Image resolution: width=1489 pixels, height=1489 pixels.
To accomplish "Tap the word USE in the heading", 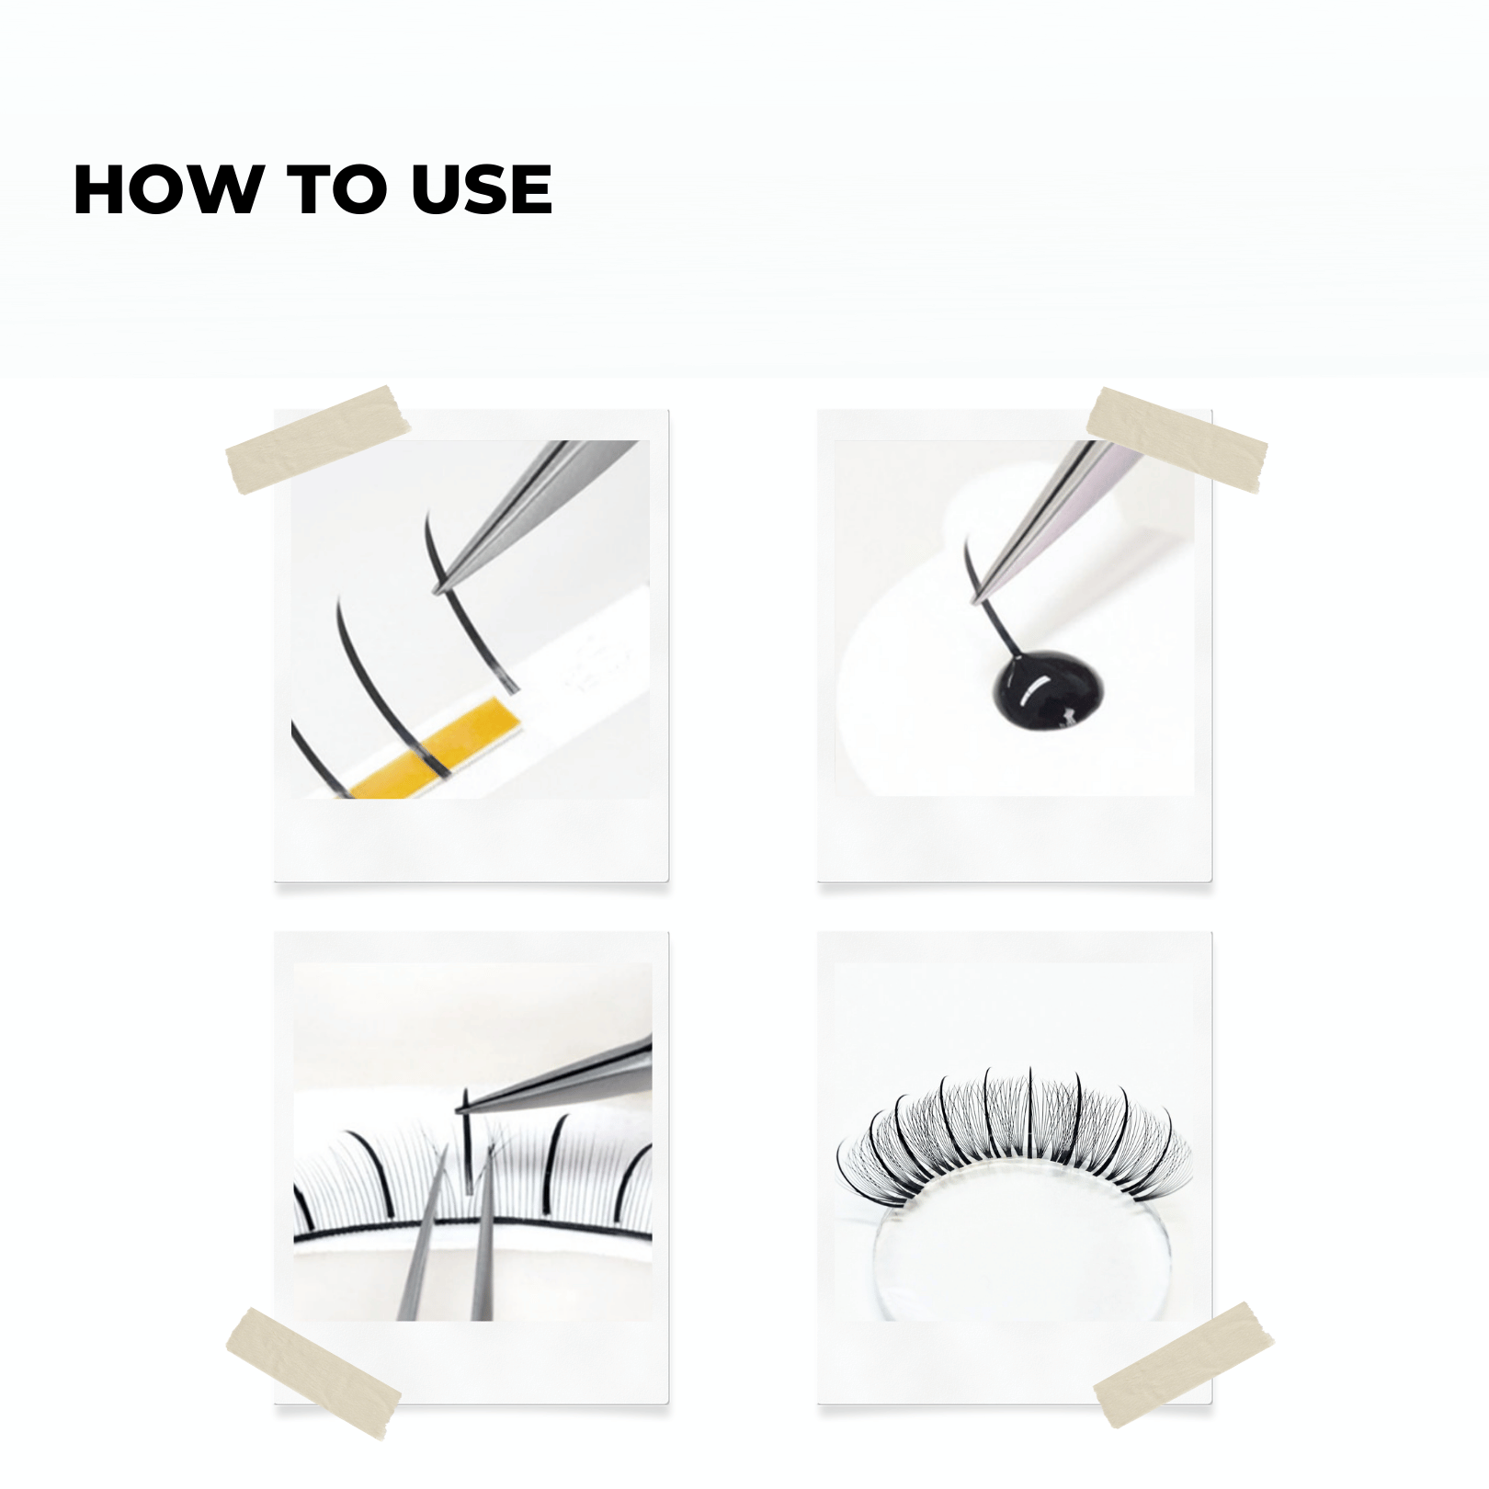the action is (x=482, y=189).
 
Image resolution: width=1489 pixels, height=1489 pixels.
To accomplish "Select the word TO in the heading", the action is (x=336, y=189).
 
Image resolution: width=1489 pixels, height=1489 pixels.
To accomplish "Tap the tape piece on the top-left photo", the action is (x=317, y=439).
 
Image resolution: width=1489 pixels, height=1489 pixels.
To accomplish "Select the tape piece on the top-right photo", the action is (x=1176, y=439).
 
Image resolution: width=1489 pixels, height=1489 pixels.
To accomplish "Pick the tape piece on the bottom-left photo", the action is (x=313, y=1373).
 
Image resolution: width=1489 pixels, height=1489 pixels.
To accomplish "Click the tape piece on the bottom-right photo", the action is (x=1184, y=1365).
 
